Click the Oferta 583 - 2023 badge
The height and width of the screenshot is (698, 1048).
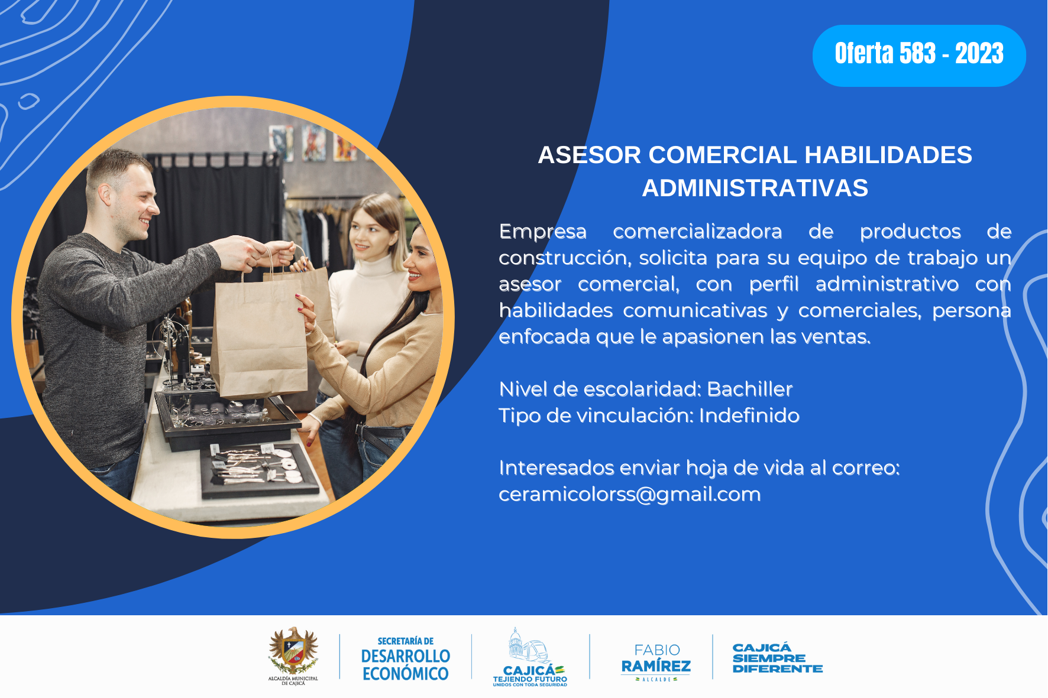(x=919, y=56)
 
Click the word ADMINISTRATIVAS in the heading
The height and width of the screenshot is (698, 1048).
(x=755, y=188)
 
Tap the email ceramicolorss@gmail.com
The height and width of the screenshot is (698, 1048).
(x=629, y=494)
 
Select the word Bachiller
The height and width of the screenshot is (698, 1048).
(x=749, y=389)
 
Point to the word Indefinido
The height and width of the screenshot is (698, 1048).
(x=749, y=415)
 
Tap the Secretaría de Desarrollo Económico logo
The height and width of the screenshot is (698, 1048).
(x=406, y=658)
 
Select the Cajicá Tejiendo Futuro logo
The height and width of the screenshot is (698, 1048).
(x=530, y=657)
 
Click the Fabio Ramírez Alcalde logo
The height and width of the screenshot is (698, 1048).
(x=656, y=661)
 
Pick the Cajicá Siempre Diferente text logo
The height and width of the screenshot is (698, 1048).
(x=777, y=658)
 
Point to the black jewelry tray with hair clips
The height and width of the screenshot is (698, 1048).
(x=258, y=470)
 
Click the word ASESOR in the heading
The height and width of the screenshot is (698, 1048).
(x=590, y=155)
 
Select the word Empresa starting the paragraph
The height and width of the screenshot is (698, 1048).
(x=543, y=232)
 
